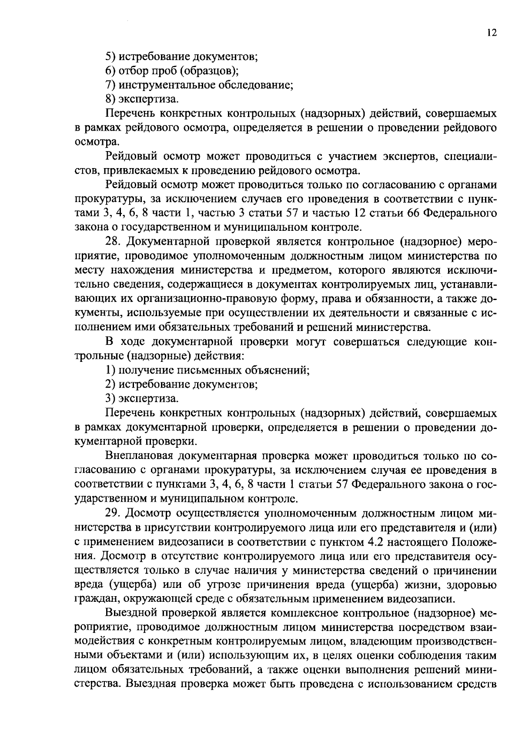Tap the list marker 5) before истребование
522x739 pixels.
click(x=111, y=57)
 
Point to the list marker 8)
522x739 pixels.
click(x=111, y=100)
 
